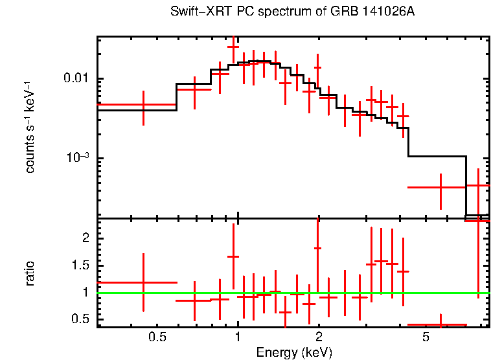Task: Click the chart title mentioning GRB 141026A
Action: pyautogui.click(x=292, y=12)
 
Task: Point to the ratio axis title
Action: pyautogui.click(x=30, y=273)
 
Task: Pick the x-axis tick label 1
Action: pyautogui.click(x=238, y=337)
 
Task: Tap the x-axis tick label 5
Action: pyautogui.click(x=426, y=337)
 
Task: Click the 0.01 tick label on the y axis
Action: pyautogui.click(x=76, y=79)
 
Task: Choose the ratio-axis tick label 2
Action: pyautogui.click(x=86, y=238)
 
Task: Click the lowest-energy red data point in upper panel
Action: pyautogui.click(x=143, y=104)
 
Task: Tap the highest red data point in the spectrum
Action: pyautogui.click(x=233, y=47)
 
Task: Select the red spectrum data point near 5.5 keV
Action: pyautogui.click(x=440, y=187)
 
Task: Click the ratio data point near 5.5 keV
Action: pyautogui.click(x=440, y=324)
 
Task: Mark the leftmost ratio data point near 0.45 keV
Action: pyautogui.click(x=143, y=282)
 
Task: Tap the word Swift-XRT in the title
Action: pyautogui.click(x=194, y=12)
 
